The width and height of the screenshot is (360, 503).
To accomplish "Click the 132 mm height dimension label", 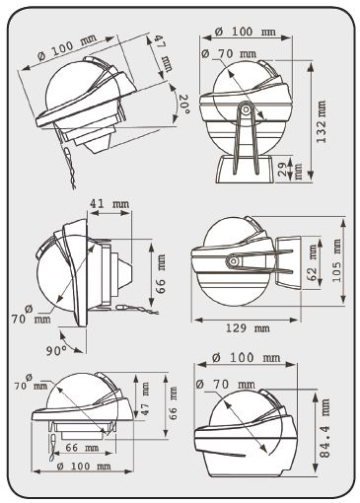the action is [322, 121].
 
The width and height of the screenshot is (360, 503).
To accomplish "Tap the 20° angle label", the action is [183, 104].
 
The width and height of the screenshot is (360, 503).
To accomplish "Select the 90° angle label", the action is [56, 351].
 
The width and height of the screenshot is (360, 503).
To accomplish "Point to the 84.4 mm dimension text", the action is [324, 428].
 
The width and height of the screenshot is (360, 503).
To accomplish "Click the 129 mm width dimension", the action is [248, 328].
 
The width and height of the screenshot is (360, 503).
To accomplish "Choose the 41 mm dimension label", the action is [109, 204].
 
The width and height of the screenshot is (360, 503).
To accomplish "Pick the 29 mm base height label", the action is [288, 169].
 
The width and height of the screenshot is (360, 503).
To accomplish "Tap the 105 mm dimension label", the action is [336, 259].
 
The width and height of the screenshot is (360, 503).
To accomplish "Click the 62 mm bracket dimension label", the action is [313, 262].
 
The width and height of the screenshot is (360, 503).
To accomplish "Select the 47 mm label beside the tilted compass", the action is [163, 52].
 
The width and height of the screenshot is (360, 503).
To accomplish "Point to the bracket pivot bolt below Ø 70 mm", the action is [246, 109].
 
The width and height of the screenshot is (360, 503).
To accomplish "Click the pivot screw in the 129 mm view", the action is [233, 261].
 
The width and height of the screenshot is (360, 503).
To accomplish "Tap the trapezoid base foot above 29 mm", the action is [245, 170].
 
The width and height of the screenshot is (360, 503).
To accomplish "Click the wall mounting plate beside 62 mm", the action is [288, 262].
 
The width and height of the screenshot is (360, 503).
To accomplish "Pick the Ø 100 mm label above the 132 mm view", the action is [245, 32].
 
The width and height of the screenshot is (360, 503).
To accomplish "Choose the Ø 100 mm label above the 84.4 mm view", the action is [247, 357].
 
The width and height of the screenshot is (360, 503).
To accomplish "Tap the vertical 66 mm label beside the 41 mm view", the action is [161, 274].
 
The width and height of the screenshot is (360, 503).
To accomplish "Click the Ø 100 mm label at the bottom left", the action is [83, 467].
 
